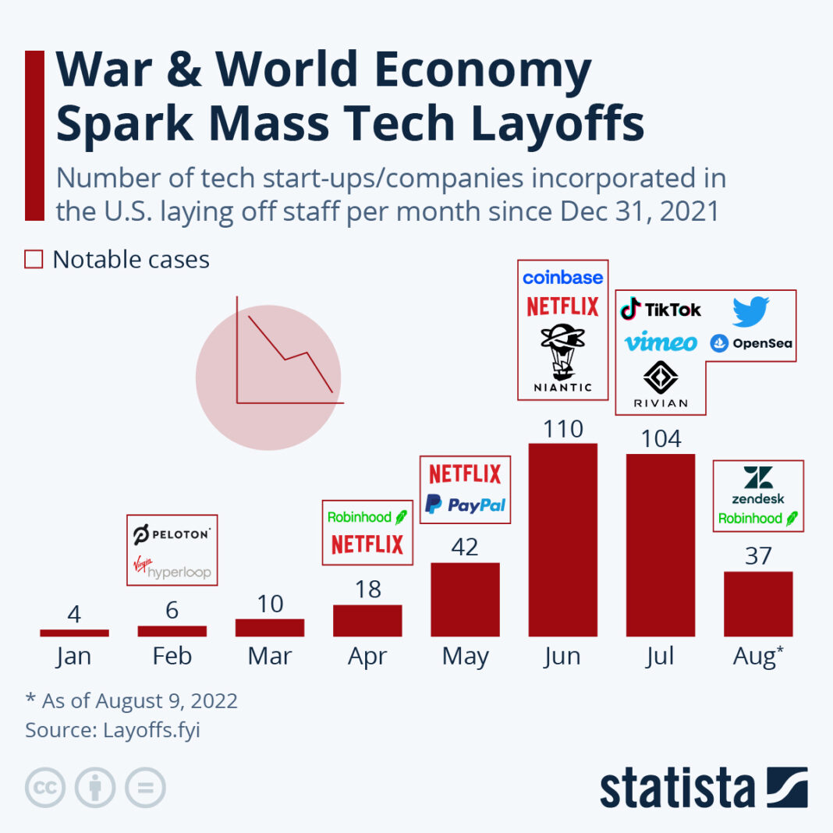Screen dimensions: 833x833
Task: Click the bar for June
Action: point(562,540)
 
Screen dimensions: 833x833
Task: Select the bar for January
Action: point(74,633)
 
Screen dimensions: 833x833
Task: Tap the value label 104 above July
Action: point(660,439)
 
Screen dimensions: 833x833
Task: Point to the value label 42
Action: point(465,547)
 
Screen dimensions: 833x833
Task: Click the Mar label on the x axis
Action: point(270,657)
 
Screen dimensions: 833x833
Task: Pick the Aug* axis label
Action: point(758,657)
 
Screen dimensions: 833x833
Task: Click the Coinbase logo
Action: point(562,278)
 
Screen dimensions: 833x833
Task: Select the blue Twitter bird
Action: point(750,311)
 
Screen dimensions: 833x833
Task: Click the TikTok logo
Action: point(661,310)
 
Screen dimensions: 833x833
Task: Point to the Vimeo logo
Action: point(661,342)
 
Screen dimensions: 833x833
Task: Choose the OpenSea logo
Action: point(751,342)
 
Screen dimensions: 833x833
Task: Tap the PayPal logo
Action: point(465,505)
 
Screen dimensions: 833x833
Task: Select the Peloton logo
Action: point(172,535)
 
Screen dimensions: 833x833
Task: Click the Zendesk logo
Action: point(758,485)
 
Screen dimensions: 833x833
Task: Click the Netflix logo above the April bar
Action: point(367,544)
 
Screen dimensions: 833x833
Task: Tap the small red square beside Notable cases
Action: point(34,260)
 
